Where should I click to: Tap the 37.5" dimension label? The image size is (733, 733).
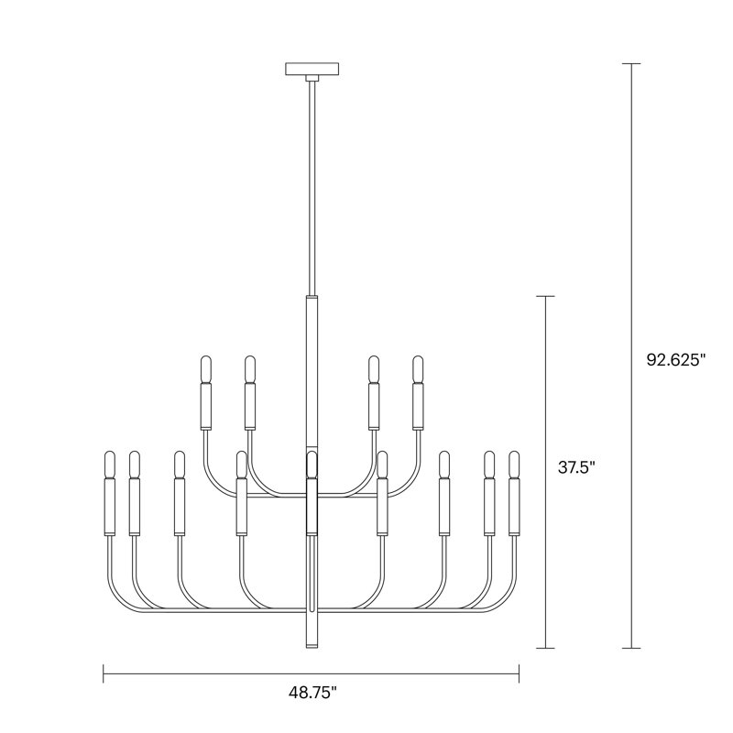click(x=576, y=467)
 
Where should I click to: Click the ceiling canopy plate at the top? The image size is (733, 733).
click(x=312, y=69)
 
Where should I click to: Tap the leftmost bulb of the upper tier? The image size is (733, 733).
click(x=205, y=369)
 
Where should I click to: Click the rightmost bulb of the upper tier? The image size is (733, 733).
click(x=419, y=369)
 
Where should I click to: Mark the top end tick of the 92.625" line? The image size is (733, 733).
click(x=629, y=63)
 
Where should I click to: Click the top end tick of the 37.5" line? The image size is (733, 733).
click(x=546, y=296)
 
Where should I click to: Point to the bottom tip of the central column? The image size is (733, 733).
click(x=312, y=647)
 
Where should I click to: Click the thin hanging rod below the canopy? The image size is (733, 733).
click(x=312, y=183)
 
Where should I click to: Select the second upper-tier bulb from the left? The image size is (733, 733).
click(x=249, y=369)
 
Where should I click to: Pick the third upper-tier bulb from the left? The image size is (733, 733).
click(x=374, y=369)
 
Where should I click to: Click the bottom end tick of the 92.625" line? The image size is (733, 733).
click(x=629, y=648)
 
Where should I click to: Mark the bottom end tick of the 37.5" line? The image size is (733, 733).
click(x=546, y=648)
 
